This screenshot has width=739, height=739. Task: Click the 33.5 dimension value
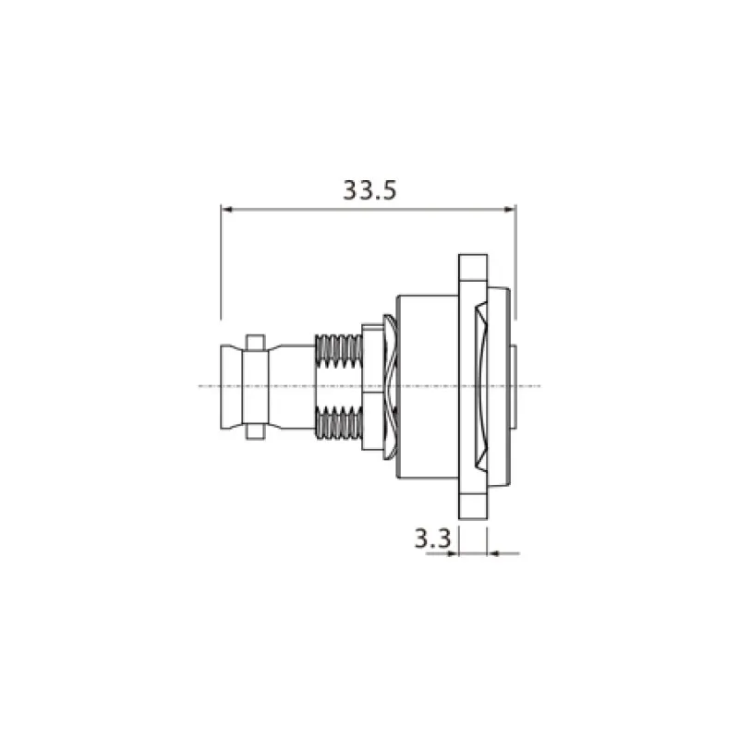pyautogui.click(x=370, y=190)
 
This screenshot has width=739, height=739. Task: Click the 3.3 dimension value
pyautogui.click(x=432, y=539)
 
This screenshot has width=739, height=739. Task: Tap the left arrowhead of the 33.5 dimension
pyautogui.click(x=226, y=210)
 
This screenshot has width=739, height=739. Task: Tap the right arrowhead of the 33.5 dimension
pyautogui.click(x=510, y=210)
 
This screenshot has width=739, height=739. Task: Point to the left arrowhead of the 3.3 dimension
pyautogui.click(x=453, y=553)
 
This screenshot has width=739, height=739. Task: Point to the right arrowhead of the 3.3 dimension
pyautogui.click(x=493, y=553)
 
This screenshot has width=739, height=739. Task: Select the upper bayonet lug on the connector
pyautogui.click(x=256, y=343)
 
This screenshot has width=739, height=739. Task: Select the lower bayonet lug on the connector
pyautogui.click(x=256, y=431)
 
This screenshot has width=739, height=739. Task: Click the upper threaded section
pyautogui.click(x=338, y=351)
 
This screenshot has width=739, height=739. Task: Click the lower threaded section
pyautogui.click(x=338, y=422)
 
